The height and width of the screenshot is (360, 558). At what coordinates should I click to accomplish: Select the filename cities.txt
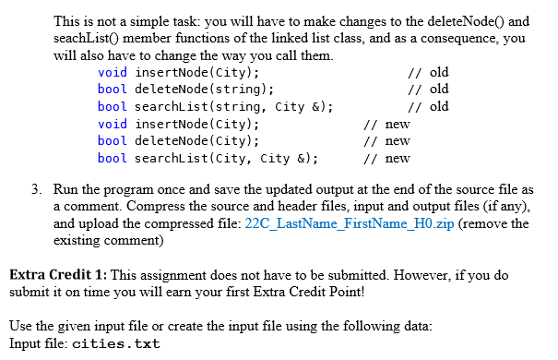(x=115, y=344)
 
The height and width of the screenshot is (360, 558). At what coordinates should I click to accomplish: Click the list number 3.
(x=35, y=190)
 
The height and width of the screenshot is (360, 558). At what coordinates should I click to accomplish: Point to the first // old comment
(x=427, y=73)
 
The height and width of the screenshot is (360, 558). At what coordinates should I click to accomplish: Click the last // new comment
(x=386, y=158)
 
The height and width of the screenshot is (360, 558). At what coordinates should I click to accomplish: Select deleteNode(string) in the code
(x=204, y=90)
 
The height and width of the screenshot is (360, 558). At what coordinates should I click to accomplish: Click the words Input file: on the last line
(x=36, y=344)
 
